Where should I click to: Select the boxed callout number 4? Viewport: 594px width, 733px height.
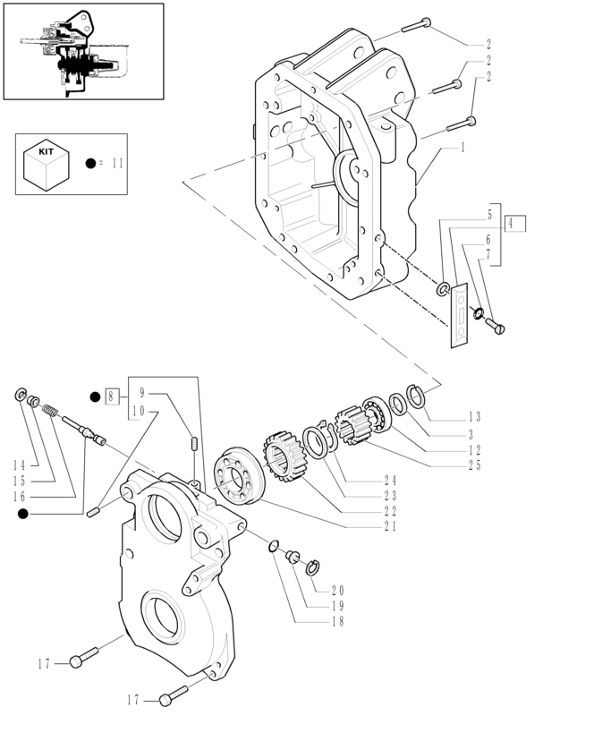(514, 224)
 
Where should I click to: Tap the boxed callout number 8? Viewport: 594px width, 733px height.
(112, 396)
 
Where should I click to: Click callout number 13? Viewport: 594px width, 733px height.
(474, 416)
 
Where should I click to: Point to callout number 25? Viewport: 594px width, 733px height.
(474, 465)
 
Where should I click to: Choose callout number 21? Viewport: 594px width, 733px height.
(389, 526)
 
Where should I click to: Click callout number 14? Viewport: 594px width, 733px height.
(20, 465)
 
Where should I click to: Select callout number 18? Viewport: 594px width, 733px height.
(336, 621)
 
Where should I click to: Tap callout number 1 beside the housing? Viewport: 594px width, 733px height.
(462, 146)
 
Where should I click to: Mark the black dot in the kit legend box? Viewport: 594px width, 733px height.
(90, 164)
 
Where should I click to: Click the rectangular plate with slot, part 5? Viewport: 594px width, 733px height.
(460, 313)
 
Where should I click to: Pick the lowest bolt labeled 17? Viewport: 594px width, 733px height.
(173, 695)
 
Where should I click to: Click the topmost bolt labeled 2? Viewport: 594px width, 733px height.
(417, 25)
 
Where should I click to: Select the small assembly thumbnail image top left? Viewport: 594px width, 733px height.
(84, 51)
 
